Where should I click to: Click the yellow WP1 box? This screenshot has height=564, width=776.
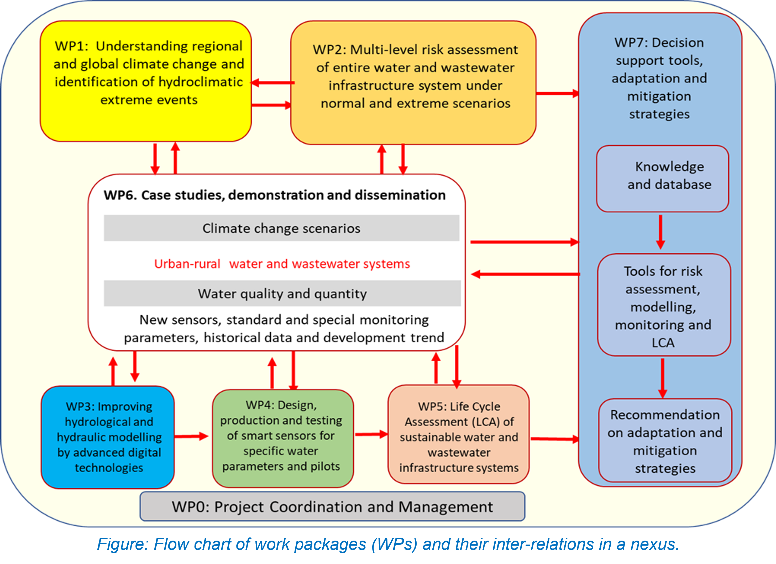tap(146, 81)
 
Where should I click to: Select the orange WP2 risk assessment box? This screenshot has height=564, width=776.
tap(413, 83)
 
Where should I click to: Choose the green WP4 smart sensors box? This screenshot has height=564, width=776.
tap(283, 438)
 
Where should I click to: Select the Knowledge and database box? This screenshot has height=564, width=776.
tap(662, 178)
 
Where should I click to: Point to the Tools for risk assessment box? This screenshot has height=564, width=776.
tap(664, 305)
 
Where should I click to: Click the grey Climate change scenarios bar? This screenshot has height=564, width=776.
tap(281, 228)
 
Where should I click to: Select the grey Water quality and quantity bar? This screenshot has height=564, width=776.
tap(282, 294)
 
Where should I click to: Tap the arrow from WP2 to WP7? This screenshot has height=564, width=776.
tap(557, 93)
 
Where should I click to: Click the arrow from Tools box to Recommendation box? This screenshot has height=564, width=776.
tap(663, 378)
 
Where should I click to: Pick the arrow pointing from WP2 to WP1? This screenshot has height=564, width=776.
tap(272, 83)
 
